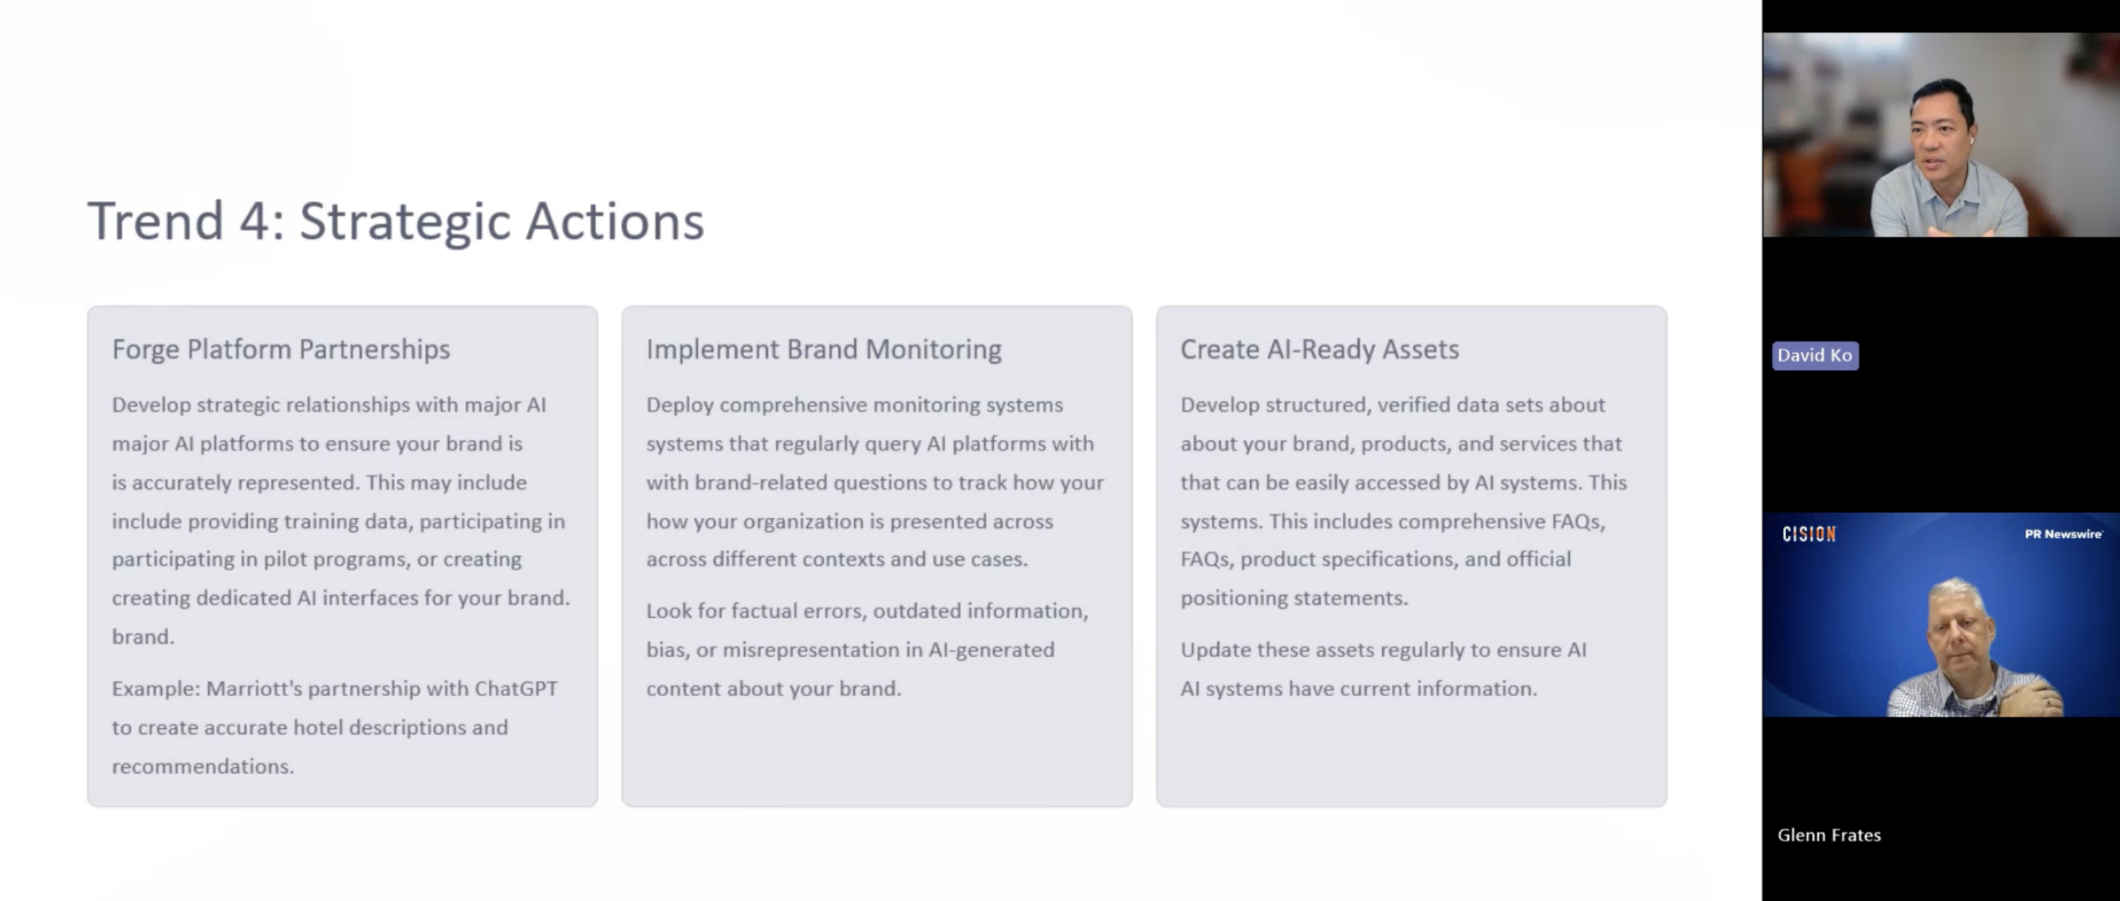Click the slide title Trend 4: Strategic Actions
pos(396,221)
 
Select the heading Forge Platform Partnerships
pos(281,350)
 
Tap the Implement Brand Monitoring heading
pos(824,350)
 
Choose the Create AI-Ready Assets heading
pos(1319,350)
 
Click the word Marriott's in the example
pos(254,689)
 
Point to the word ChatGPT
pos(516,689)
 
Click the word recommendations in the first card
pos(203,766)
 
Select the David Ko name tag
pos(1814,355)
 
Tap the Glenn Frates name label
pos(1829,835)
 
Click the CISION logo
pos(1808,535)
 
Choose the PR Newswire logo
pos(2063,534)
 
